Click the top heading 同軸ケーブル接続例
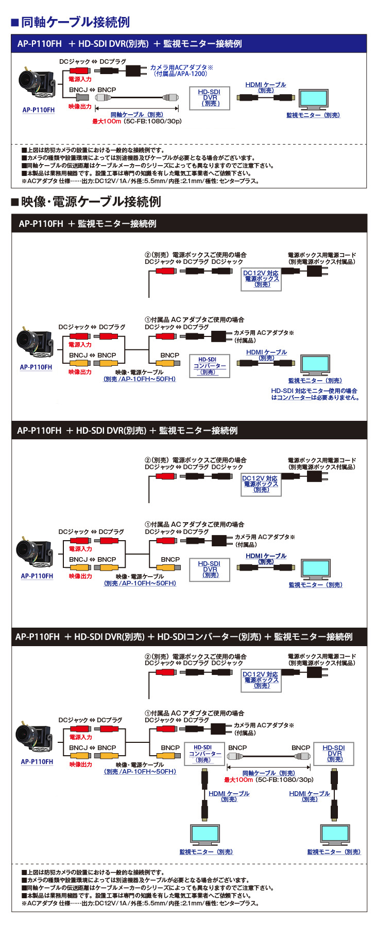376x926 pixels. tap(75, 22)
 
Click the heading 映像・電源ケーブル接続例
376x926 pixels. tap(91, 202)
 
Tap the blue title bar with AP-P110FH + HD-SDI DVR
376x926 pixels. tap(189, 44)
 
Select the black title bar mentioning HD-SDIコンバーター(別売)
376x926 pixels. tap(189, 636)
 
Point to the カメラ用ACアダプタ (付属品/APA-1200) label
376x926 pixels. tap(181, 70)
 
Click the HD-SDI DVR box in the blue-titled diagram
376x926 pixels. tap(210, 98)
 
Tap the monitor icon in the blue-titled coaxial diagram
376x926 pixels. tap(313, 99)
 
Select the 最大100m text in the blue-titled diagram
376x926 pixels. tap(106, 121)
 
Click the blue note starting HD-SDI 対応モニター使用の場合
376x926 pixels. tap(315, 394)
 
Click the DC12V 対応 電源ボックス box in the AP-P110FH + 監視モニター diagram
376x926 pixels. tap(261, 279)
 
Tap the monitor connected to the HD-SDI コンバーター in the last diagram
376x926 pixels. tap(205, 835)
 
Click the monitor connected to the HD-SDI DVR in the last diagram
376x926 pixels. tap(334, 835)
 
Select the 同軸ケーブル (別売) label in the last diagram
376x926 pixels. tap(268, 773)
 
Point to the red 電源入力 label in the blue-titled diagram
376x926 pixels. tap(80, 79)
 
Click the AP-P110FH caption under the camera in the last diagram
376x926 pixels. tap(37, 761)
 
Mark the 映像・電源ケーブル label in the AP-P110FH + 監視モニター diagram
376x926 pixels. tap(139, 372)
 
